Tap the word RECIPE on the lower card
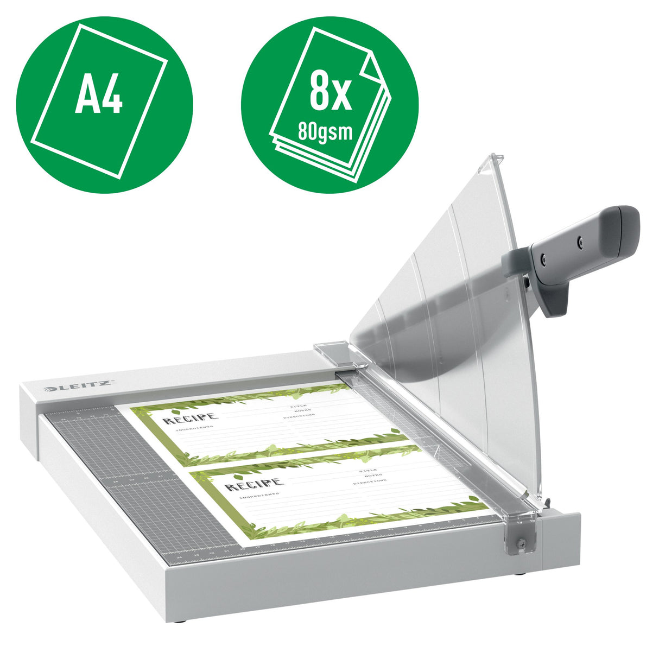254,484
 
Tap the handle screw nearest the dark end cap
580,239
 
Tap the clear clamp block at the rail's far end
332,353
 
